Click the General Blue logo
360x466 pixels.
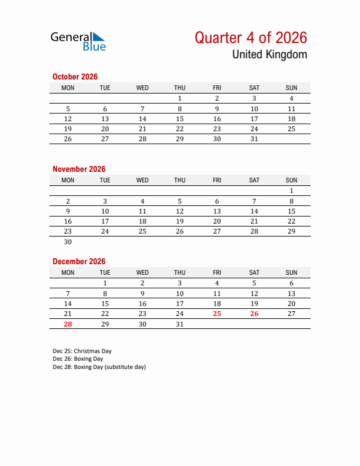click(x=78, y=41)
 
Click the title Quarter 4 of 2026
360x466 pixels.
click(x=251, y=38)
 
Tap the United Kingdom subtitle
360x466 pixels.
click(x=269, y=55)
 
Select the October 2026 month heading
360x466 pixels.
click(x=75, y=76)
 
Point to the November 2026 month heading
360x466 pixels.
click(x=79, y=169)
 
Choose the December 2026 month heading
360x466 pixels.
click(x=79, y=261)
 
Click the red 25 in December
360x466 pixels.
click(x=217, y=314)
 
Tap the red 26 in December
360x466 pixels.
click(x=254, y=314)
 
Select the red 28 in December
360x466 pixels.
click(x=68, y=324)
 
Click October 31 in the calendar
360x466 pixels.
click(x=254, y=139)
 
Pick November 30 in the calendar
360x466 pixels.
click(x=68, y=242)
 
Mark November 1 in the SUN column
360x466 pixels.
click(x=291, y=191)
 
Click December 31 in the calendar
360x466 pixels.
click(x=180, y=324)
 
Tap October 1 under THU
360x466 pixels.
click(x=180, y=98)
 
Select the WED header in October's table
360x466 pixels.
click(x=142, y=88)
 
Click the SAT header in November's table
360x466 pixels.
click(x=254, y=180)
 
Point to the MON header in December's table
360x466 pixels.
click(x=68, y=272)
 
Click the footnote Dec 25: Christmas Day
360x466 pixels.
click(x=82, y=351)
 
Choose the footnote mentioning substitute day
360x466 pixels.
click(x=99, y=367)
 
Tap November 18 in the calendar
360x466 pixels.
click(x=142, y=221)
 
